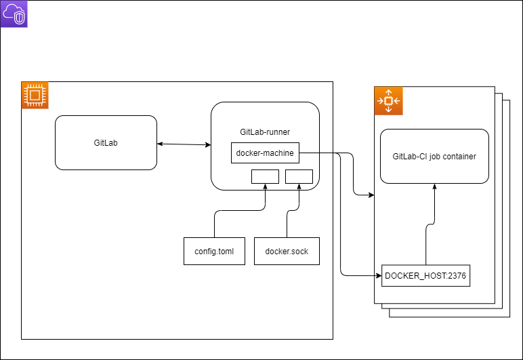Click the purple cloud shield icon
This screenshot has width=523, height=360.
[x=14, y=14]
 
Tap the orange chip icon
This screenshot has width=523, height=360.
[x=35, y=95]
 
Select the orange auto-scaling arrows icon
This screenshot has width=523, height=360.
[x=388, y=100]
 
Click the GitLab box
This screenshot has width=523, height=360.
[x=106, y=143]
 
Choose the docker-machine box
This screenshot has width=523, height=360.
[x=265, y=153]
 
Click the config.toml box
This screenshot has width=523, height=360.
[x=214, y=251]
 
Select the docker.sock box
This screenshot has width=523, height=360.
[x=287, y=251]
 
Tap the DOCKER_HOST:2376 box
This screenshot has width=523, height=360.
[x=425, y=276]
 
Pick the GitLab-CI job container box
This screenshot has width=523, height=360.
[x=434, y=156]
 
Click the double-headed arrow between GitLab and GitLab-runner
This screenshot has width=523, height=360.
[x=184, y=144]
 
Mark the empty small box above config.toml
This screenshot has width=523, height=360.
[x=265, y=176]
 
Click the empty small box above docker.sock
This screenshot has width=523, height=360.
[x=299, y=176]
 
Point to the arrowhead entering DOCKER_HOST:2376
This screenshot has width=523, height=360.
[x=378, y=276]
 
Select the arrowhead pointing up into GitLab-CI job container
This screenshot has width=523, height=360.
[x=434, y=186]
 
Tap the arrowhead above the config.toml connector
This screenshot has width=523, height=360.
[x=265, y=186]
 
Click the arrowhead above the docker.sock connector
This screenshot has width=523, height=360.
[x=299, y=186]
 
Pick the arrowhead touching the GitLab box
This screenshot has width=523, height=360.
[x=160, y=143]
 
